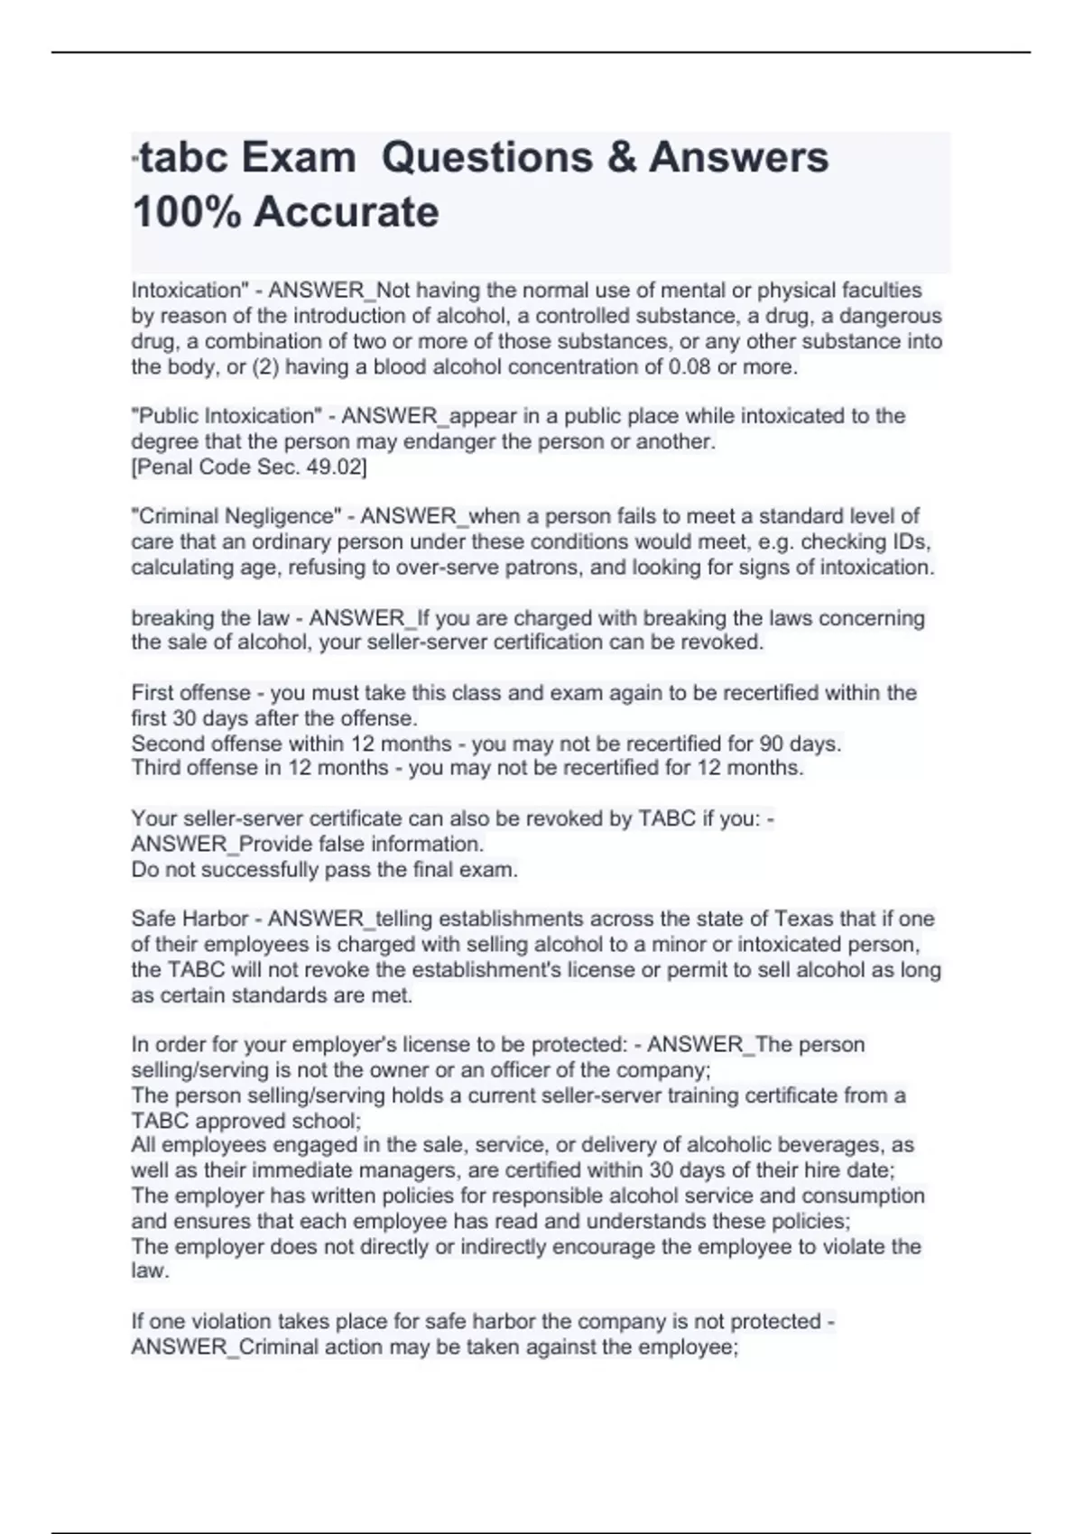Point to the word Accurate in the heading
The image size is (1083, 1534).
[x=347, y=213]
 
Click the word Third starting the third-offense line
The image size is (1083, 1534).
[x=155, y=768]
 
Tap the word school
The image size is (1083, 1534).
[x=328, y=1122]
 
